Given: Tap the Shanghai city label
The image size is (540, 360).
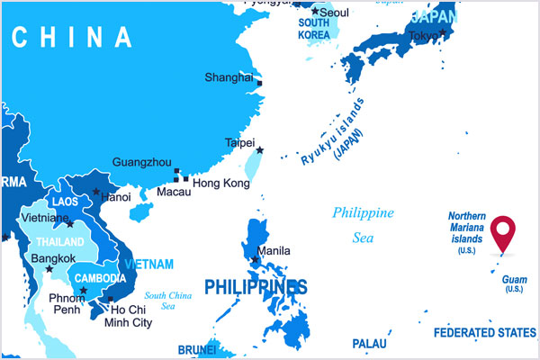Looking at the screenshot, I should point(229,77).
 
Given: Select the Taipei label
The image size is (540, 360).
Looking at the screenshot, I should point(239,142).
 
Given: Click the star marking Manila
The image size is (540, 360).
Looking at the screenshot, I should point(256,261).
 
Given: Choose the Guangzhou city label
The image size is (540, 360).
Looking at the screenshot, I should point(141,162).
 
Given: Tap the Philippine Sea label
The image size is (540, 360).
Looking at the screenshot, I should point(363,225).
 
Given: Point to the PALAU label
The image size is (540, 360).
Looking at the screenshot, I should point(370,344).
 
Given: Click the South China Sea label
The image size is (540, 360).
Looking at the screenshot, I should point(168,300).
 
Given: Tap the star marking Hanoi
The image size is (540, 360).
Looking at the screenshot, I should point(96,191).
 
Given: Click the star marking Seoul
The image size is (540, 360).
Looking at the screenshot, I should point(314,12).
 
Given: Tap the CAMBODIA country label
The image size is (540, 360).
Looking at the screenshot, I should point(99,278).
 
